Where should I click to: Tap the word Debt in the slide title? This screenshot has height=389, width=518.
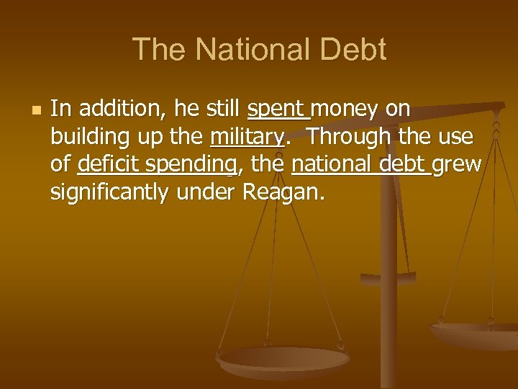pyautogui.click(x=355, y=50)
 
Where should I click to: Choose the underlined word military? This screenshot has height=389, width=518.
pyautogui.click(x=246, y=137)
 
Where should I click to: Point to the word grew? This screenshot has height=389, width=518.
pyautogui.click(x=458, y=165)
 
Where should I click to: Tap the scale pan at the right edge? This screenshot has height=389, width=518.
pyautogui.click(x=478, y=335)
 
